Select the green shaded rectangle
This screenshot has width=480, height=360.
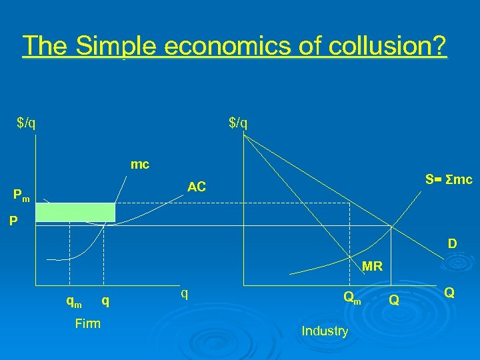pyautogui.click(x=75, y=212)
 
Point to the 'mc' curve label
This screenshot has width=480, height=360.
pyautogui.click(x=140, y=164)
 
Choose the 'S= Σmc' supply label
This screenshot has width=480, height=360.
pyautogui.click(x=449, y=179)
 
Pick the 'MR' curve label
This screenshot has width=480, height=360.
pyautogui.click(x=372, y=267)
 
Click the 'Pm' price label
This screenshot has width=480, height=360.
pyautogui.click(x=21, y=196)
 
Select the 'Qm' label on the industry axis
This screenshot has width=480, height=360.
pyautogui.click(x=351, y=297)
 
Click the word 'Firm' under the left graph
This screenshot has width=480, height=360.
pyautogui.click(x=88, y=323)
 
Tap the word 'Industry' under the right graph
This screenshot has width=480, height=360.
pyautogui.click(x=325, y=331)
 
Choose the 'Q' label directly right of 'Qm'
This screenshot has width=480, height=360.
pyautogui.click(x=394, y=301)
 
